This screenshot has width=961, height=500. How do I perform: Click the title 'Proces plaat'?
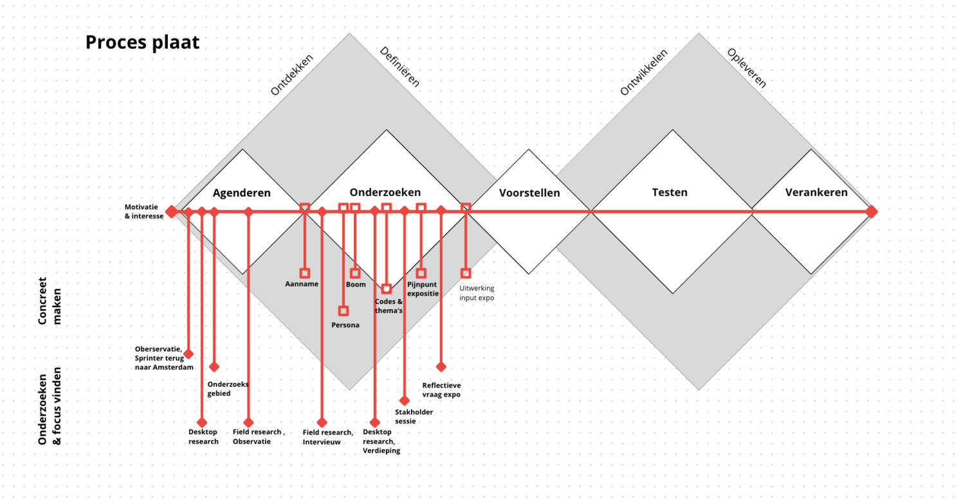[142, 42]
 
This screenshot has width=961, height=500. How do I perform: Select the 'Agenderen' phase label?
[242, 193]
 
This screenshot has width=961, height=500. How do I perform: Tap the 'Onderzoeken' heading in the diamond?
[385, 192]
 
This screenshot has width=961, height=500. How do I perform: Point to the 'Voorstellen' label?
[529, 193]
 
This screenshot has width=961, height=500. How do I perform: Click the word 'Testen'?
[670, 192]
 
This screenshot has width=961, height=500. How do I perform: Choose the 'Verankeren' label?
[816, 192]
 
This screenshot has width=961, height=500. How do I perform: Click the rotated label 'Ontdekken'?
[291, 75]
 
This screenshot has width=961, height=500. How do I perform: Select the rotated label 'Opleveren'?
[747, 67]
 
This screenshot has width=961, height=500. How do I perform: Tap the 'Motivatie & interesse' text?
[145, 211]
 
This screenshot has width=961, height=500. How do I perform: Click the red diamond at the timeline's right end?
[872, 211]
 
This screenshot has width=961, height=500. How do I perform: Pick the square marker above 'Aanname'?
[304, 272]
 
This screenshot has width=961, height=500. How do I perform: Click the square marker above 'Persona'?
[343, 311]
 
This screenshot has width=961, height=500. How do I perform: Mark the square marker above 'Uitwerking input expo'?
[466, 272]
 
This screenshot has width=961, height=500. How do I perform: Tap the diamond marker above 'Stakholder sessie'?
[405, 400]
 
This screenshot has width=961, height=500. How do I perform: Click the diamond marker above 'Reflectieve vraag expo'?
[441, 367]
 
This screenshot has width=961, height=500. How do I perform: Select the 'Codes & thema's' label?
[389, 306]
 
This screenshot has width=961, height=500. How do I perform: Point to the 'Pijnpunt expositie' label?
[423, 289]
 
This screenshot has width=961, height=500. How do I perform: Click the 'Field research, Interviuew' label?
[327, 437]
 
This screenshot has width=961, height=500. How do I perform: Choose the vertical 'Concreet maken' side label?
[49, 301]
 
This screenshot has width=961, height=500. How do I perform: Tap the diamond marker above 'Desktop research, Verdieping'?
[374, 423]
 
